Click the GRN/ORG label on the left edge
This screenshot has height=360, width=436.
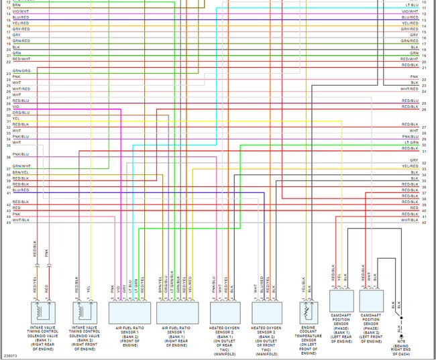[21, 70]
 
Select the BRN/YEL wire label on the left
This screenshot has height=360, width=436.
[21, 172]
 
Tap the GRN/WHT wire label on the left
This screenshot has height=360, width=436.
[21, 166]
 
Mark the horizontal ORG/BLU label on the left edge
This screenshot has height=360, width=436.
[21, 112]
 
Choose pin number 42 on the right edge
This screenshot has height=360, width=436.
[424, 222]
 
